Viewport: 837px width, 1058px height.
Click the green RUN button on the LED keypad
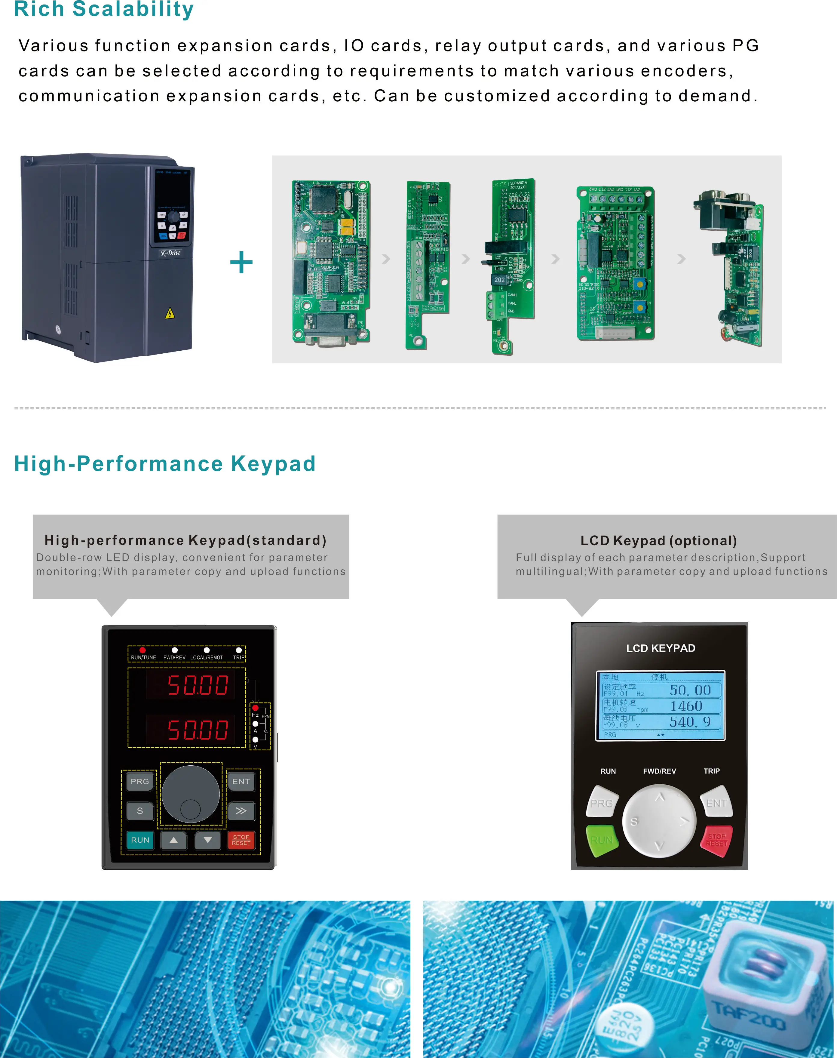click(140, 840)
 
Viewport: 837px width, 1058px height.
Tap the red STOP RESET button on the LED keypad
click(241, 840)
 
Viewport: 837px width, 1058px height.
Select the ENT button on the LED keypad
click(241, 782)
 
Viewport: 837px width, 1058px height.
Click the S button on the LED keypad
click(140, 811)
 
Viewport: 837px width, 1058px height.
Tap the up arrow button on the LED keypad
click(173, 840)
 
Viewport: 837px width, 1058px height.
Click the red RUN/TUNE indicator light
click(143, 650)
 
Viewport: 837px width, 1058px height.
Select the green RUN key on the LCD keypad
click(602, 840)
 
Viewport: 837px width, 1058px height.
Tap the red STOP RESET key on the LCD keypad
click(716, 840)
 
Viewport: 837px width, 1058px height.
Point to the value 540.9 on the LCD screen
click(690, 722)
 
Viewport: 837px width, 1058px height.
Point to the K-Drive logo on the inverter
click(170, 253)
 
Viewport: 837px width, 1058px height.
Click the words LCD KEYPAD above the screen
click(661, 648)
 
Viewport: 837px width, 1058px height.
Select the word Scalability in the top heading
click(133, 9)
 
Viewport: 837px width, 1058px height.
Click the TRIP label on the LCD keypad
click(712, 771)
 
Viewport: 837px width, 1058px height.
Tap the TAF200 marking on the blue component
click(748, 1016)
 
